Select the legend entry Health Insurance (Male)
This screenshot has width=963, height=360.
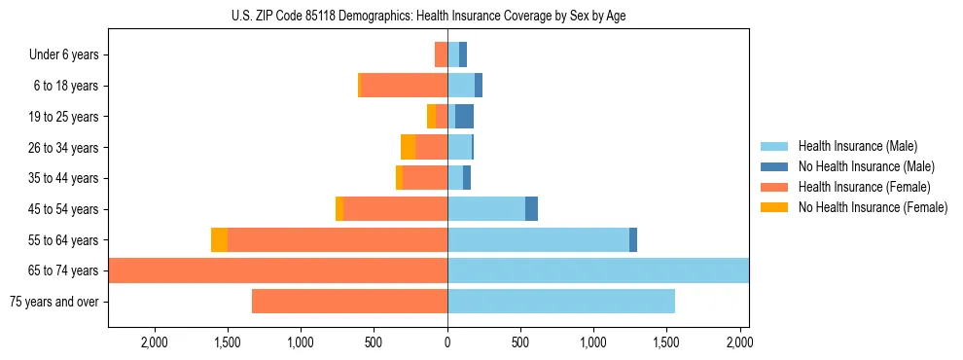(x=857, y=146)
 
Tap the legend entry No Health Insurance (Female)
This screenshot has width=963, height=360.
(x=873, y=207)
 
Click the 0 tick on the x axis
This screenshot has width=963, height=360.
(x=447, y=342)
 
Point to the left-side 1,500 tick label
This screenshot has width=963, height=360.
(x=228, y=342)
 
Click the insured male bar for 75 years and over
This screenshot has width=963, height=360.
(x=561, y=302)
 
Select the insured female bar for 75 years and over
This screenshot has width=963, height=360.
(x=350, y=302)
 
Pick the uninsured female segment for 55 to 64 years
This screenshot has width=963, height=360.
(x=219, y=240)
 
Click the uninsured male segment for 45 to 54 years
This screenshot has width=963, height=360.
(x=531, y=209)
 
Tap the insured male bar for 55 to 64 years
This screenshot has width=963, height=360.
(x=538, y=240)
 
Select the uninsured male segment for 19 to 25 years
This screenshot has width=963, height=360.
(x=464, y=117)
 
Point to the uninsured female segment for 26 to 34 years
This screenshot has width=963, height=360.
(x=408, y=148)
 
